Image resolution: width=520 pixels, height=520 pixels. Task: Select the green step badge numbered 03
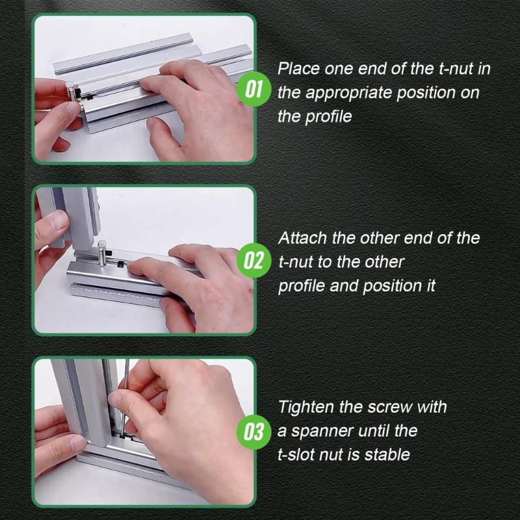pos(252,431)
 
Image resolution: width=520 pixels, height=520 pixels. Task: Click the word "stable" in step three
pos(389,454)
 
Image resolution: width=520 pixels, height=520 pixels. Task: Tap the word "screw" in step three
pos(395,408)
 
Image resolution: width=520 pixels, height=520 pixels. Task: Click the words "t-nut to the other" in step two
pos(341,263)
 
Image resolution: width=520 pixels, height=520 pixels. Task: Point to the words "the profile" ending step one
pos(315,117)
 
